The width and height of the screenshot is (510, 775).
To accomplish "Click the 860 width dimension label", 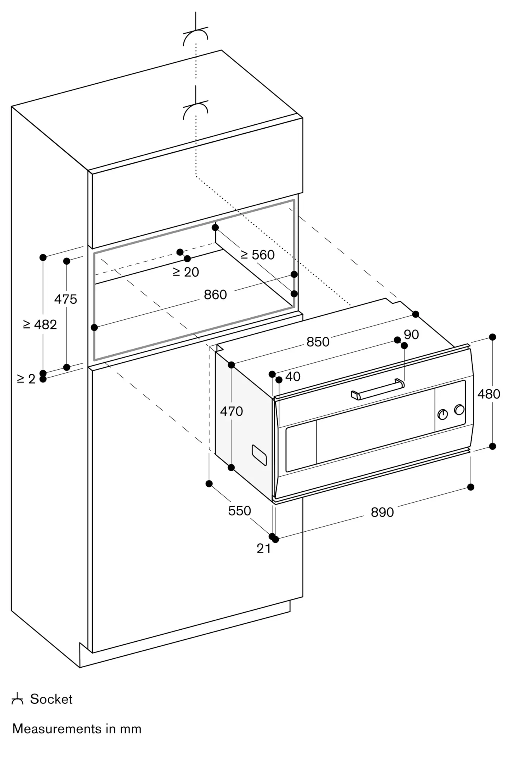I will coord(215,295).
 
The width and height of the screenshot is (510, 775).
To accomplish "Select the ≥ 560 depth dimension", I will coord(258,255).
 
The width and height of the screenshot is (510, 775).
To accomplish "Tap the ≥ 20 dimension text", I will coord(186,272).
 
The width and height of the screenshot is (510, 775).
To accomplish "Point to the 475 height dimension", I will coord(66,299).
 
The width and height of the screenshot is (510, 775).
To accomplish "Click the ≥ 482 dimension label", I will coord(40,324).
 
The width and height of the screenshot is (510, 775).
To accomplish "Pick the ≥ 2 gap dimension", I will coord(26,379).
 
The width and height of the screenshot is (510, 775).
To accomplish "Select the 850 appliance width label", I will coord(318,342).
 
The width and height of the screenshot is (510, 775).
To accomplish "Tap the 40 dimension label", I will coord(293,376).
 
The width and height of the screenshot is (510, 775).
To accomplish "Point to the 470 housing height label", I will coord(232,411).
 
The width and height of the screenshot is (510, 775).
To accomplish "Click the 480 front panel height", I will coord(489,394).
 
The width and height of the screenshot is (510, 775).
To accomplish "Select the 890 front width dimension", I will coord(382,512).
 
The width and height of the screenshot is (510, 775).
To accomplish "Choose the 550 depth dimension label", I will coord(239,511).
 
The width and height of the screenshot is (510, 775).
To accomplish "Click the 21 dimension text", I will coord(264,548).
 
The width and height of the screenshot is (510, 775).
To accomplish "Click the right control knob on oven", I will coord(459,410).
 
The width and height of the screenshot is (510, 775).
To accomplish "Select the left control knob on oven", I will coord(443,414).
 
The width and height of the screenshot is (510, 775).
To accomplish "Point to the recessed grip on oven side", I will coord(259,455).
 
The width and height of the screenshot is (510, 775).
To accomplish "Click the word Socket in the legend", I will coord(51,699).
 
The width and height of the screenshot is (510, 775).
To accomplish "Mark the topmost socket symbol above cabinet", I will coord(196,36).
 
